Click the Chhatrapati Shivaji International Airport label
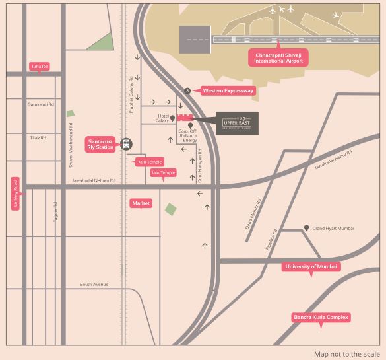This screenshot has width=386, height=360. [278, 57]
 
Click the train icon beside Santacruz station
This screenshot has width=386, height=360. [126, 143]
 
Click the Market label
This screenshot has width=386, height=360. [141, 203]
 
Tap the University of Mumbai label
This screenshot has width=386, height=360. [311, 266]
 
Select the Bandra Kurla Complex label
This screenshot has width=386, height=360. [321, 318]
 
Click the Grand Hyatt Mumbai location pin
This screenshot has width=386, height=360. [307, 228]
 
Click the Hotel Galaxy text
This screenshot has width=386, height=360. [162, 118]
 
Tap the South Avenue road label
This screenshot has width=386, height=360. [94, 285]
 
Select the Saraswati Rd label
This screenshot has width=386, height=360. [41, 104]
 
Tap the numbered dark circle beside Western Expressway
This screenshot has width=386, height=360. [187, 91]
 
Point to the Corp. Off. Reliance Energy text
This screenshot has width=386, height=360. [188, 135]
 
